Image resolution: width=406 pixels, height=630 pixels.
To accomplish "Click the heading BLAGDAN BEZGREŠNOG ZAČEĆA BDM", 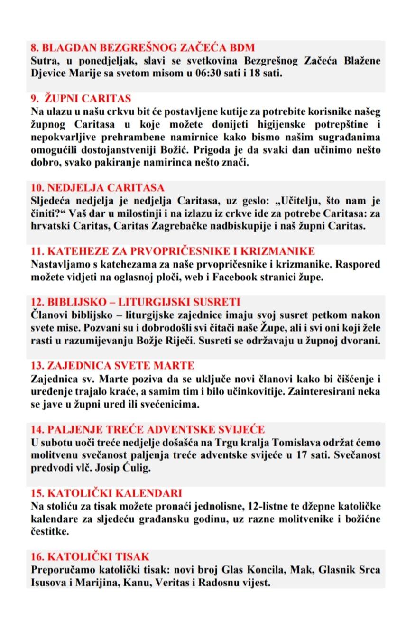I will tap(143, 47).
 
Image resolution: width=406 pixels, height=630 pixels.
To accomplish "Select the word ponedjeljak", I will tap(102, 61).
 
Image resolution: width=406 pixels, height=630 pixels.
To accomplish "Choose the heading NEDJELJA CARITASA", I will tap(97, 187).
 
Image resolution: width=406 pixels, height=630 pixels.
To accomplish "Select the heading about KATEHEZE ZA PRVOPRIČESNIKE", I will tap(173, 251).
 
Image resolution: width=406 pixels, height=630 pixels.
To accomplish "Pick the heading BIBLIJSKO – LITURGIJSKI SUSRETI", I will tap(135, 302).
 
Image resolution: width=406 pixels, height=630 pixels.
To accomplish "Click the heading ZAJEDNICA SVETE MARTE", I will tap(112, 366).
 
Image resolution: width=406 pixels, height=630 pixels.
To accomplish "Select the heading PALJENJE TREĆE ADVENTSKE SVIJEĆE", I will tap(147, 430).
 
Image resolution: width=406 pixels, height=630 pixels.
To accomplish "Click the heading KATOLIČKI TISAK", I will tap(90, 556).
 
